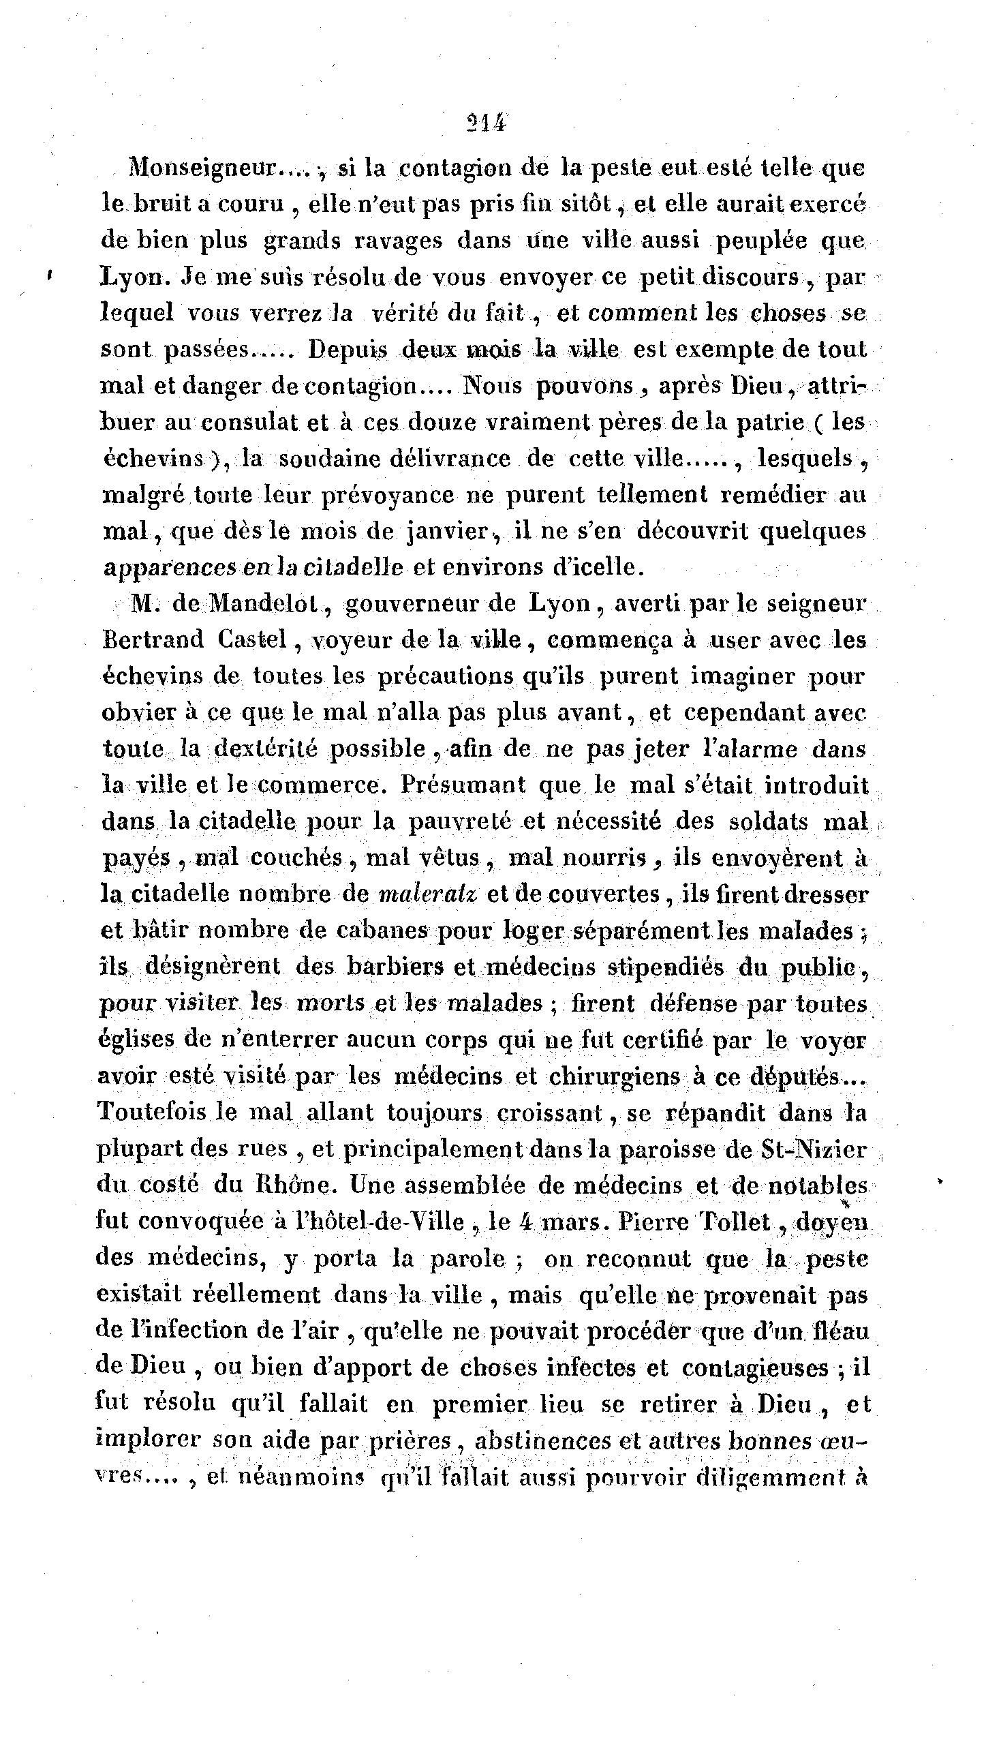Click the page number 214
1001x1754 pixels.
[x=484, y=123]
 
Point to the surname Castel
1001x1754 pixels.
[x=251, y=640]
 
